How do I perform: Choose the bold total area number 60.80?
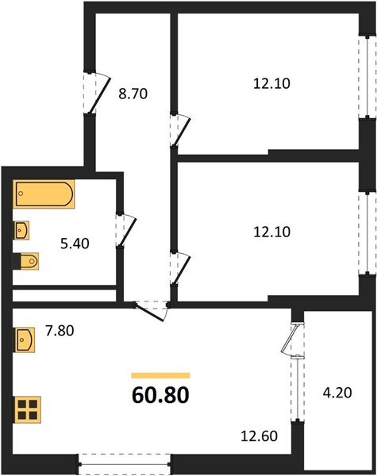click(160, 393)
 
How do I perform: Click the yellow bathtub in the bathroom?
click(44, 195)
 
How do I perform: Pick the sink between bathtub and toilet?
click(23, 230)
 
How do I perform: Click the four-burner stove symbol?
click(27, 410)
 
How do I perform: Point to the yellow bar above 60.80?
click(160, 374)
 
